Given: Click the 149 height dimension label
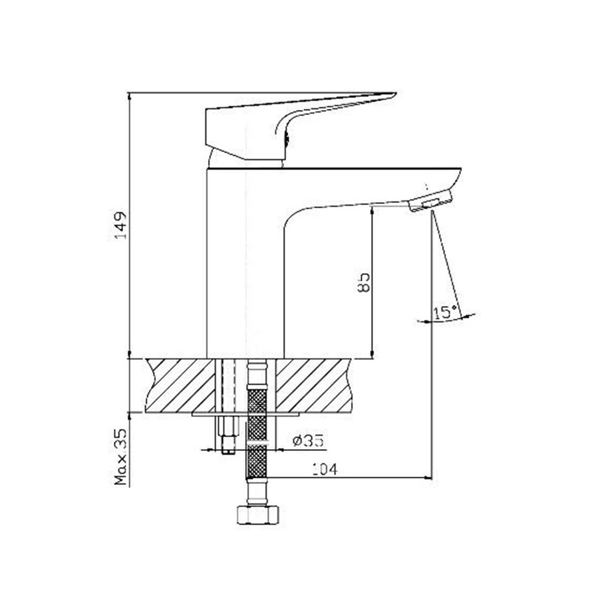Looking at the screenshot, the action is pos(121,225).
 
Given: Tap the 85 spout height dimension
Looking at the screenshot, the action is pos(364,282).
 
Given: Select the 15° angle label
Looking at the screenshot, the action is pos(446,312).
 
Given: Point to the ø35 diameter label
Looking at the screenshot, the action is pos(308,441).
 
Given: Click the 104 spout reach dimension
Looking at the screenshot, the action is pos(325,469).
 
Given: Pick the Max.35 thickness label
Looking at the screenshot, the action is pos(121,457).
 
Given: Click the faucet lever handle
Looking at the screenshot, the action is pos(301,126).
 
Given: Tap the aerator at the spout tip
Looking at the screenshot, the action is pos(431,200).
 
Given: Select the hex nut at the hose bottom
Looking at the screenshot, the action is pos(258,515).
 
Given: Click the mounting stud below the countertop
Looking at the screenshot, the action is pos(228,435).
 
